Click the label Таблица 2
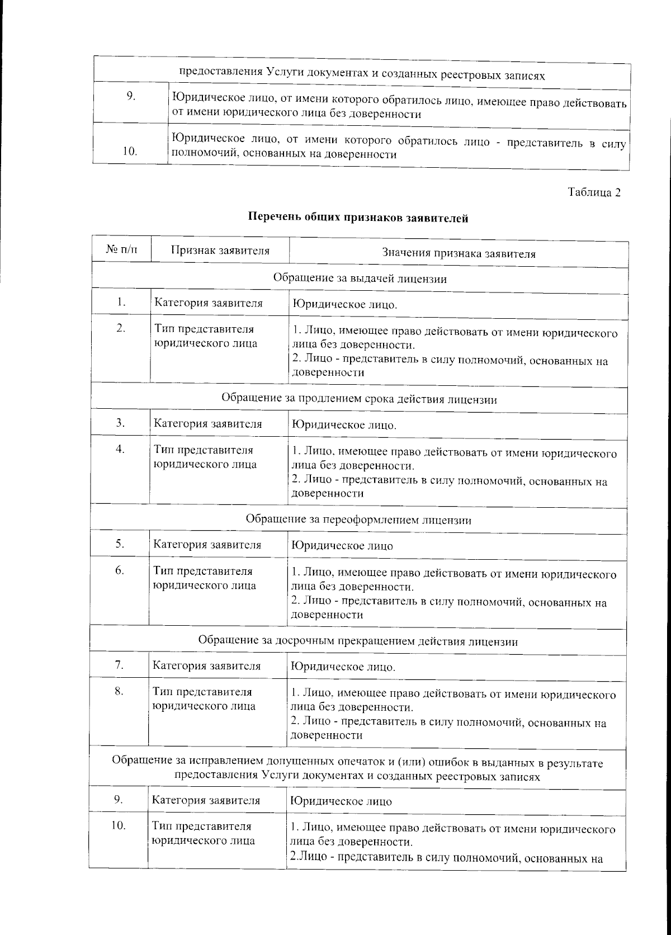[594, 192]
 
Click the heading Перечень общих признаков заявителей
[358, 218]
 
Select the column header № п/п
[121, 251]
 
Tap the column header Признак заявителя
[220, 251]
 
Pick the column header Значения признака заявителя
[459, 253]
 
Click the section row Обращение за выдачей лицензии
[360, 278]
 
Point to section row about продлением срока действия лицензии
[359, 399]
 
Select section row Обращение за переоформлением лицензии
[358, 520]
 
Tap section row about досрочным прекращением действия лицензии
[358, 641]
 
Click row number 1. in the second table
[121, 303]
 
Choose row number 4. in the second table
[120, 449]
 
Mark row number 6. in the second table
[120, 570]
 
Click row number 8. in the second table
[119, 691]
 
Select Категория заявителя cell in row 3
[208, 424]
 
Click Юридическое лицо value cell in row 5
[342, 546]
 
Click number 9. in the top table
[130, 96]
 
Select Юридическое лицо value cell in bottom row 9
[341, 801]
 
